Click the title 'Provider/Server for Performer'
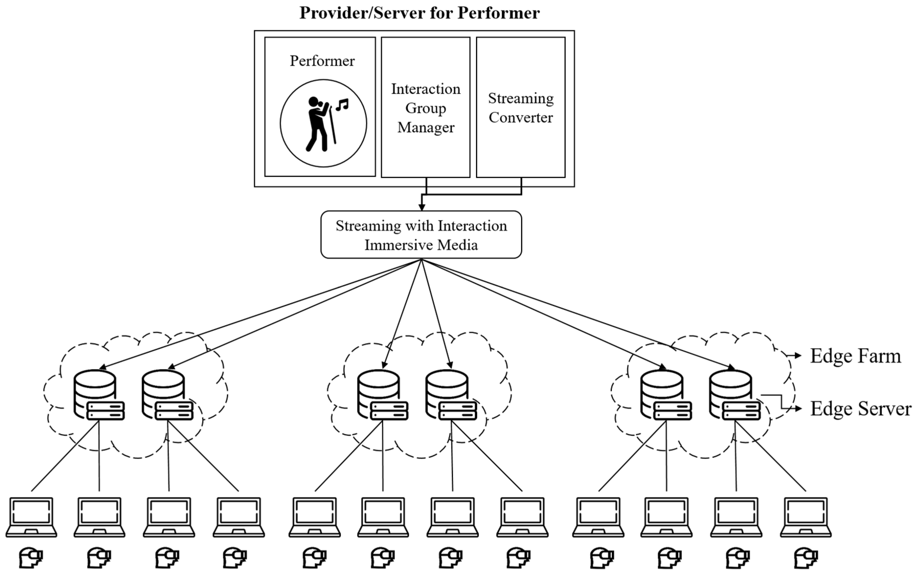419,13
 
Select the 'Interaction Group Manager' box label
425,108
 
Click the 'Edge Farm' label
855,356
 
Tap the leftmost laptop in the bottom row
31,517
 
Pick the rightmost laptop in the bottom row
806,517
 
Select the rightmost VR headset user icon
806,558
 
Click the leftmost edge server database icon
98,395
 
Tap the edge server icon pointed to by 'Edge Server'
734,395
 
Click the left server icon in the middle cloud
382,395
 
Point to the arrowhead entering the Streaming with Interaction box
421,207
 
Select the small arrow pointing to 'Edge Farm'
796,356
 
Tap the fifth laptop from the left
315,517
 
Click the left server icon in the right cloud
666,395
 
